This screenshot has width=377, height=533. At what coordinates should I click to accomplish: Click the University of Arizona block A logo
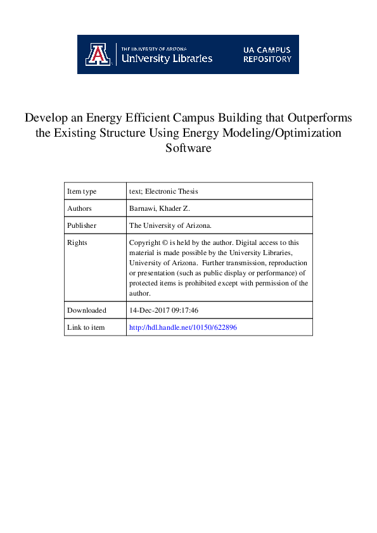tap(97, 54)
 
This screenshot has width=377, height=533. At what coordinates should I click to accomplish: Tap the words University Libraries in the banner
tap(167, 59)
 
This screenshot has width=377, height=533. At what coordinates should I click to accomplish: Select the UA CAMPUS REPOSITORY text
tap(267, 54)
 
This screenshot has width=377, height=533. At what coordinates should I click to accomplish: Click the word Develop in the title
tap(46, 118)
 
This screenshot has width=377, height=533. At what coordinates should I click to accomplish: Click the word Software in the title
tap(188, 149)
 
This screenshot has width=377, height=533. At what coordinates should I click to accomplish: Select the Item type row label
tap(82, 191)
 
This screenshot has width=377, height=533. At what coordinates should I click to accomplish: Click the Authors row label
tap(80, 208)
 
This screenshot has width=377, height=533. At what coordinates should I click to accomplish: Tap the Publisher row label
tap(82, 225)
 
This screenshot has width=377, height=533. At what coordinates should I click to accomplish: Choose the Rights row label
tap(77, 242)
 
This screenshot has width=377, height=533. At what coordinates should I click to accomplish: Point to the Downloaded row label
tap(87, 310)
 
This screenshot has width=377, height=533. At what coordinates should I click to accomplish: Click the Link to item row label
tap(86, 327)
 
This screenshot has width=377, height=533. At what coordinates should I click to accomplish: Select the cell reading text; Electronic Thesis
tap(163, 191)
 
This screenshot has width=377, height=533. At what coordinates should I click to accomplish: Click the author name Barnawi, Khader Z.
tap(160, 208)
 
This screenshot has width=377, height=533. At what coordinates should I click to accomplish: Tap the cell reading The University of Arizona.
tap(170, 225)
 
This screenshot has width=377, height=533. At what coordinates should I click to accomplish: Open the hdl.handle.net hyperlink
tap(183, 327)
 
